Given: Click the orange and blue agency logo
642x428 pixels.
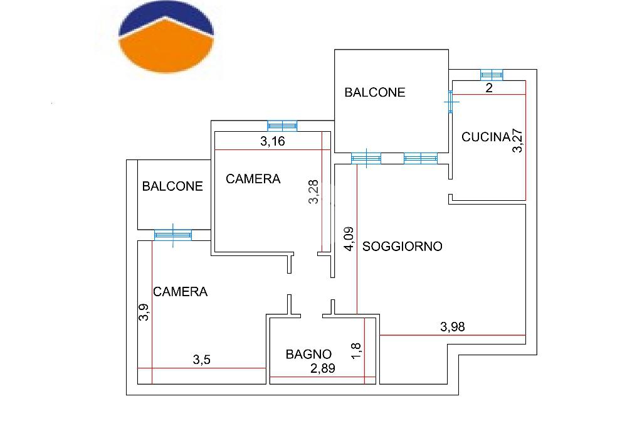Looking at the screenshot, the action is [x=166, y=37].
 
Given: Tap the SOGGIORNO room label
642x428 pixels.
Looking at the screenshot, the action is [x=402, y=247].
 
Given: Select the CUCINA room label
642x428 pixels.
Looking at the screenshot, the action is [x=486, y=137].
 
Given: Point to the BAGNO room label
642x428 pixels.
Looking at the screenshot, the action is [x=308, y=354].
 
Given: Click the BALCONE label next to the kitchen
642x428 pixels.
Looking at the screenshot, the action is [x=375, y=93].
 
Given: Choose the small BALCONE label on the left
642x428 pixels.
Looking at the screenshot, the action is [x=172, y=186].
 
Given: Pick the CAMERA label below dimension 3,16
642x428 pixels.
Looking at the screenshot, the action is [x=253, y=179].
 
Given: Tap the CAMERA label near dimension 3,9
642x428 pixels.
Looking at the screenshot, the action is [x=180, y=292].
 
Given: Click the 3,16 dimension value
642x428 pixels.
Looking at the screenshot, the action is [x=272, y=141].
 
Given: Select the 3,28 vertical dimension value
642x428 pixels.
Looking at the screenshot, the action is [x=313, y=192].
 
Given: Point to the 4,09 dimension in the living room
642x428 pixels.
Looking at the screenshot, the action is [x=349, y=238].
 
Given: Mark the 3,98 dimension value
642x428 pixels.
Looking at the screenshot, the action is [x=453, y=327].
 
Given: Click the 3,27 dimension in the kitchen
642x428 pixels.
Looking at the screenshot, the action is [x=517, y=141].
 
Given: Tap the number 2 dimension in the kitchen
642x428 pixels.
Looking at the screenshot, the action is [x=489, y=88].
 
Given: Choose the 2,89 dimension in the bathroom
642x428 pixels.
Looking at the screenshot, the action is [x=323, y=368].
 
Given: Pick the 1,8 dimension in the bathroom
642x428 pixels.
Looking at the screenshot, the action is [x=356, y=351].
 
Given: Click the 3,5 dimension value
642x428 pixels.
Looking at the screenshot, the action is [x=201, y=360].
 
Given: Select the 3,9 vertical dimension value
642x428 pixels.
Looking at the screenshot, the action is [x=144, y=312].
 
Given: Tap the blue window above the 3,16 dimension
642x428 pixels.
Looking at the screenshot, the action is [x=282, y=126].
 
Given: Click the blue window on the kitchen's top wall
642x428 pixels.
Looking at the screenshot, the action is [x=492, y=75].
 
